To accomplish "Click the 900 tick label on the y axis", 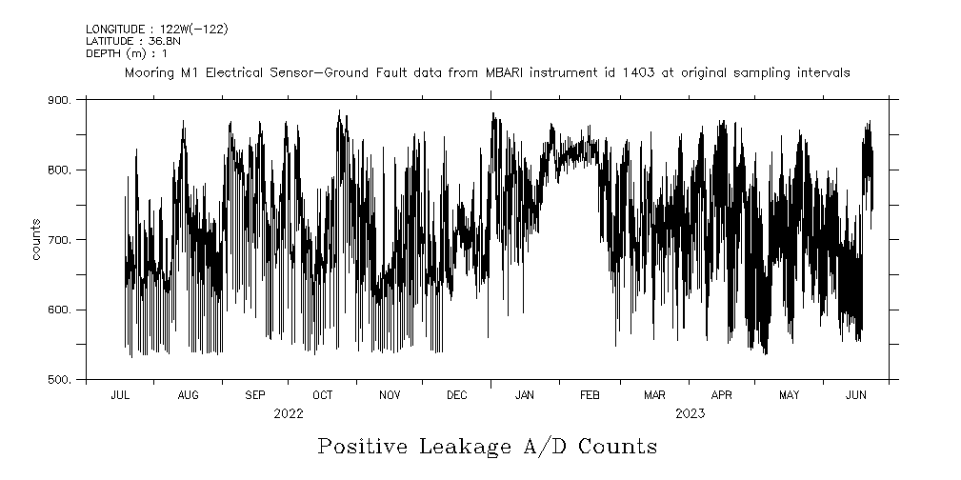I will [59, 100].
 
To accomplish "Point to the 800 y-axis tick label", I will [59, 170].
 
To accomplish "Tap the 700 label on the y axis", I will [59, 240].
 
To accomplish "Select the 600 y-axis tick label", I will [59, 310].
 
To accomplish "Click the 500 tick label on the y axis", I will [59, 380].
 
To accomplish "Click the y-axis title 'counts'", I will [36, 240].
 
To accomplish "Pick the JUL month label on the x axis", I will [121, 395].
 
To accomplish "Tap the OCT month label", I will [323, 395].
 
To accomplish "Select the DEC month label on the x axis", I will [456, 395].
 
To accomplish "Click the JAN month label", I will [524, 395].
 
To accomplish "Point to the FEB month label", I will [589, 395].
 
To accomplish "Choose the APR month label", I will [722, 395].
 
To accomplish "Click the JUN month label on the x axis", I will [855, 395].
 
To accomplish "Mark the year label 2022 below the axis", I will [288, 414].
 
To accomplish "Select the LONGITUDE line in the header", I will [156, 30].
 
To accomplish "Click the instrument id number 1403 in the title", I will [639, 73].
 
